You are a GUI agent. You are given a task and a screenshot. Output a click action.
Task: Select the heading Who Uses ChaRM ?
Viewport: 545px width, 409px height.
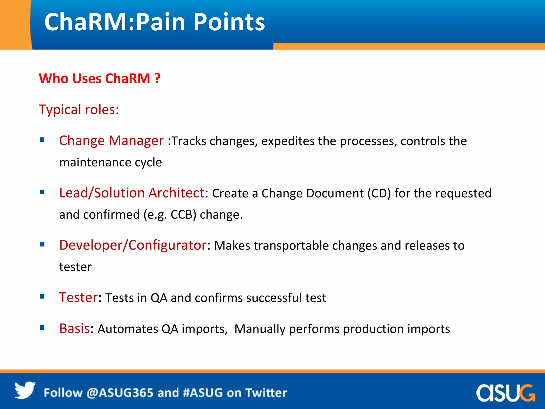coord(100,79)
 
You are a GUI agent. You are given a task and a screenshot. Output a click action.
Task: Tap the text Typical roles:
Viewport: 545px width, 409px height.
coord(79,109)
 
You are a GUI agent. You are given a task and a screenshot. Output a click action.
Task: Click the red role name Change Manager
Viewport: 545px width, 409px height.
coord(111,141)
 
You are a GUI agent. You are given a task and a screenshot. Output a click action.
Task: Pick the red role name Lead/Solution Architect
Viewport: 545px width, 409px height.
coord(132,193)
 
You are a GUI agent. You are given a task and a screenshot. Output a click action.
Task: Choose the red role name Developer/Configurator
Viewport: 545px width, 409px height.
coord(133,245)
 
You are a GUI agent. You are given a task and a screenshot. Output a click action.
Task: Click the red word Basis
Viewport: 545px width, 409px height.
coord(75,329)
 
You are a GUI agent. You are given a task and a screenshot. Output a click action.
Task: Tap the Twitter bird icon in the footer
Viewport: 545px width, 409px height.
coord(25,390)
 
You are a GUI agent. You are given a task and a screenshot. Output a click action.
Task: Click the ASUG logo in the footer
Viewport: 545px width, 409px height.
coord(505,393)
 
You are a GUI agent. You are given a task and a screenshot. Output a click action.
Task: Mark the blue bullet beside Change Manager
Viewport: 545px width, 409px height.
coord(42,140)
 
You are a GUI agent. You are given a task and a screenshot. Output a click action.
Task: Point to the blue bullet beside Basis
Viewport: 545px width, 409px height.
coord(42,328)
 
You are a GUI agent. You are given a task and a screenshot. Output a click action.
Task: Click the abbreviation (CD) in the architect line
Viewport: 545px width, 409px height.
coord(379,193)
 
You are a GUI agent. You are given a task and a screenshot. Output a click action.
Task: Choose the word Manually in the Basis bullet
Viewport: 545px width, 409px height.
coord(260,329)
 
